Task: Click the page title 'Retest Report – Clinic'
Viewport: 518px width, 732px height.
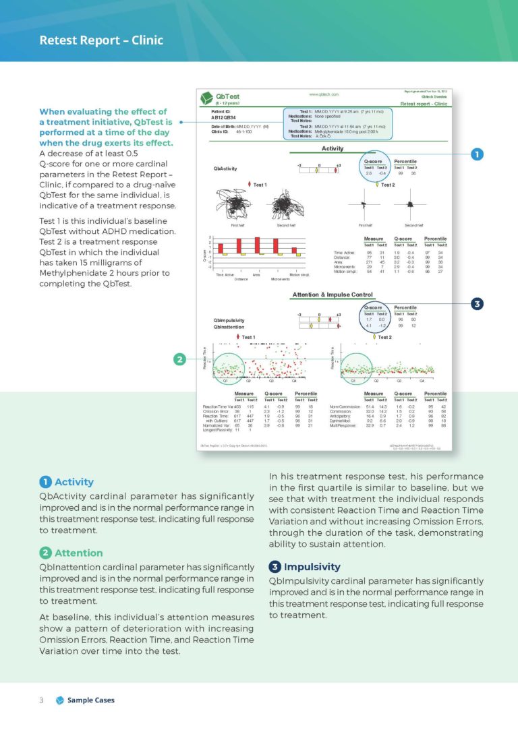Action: pyautogui.click(x=100, y=40)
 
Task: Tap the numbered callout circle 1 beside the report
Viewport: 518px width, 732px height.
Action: pyautogui.click(x=477, y=154)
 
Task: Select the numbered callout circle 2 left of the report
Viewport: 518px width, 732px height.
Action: pyautogui.click(x=179, y=360)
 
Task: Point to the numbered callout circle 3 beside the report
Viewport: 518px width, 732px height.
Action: pyautogui.click(x=477, y=304)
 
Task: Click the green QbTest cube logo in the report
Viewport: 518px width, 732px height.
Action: pyautogui.click(x=208, y=99)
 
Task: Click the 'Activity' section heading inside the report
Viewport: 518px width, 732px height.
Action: pyautogui.click(x=333, y=148)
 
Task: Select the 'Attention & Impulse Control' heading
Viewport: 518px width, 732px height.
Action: pyautogui.click(x=333, y=295)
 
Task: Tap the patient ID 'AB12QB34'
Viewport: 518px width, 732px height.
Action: pyautogui.click(x=223, y=117)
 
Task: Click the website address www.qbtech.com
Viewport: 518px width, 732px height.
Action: pyautogui.click(x=324, y=95)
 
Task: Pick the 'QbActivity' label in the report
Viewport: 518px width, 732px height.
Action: pyautogui.click(x=225, y=169)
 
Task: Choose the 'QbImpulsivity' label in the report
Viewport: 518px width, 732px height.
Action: pyautogui.click(x=228, y=320)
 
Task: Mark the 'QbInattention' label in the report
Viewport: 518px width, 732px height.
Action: pyautogui.click(x=228, y=327)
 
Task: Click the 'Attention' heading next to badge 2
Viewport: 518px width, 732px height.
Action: pyautogui.click(x=78, y=553)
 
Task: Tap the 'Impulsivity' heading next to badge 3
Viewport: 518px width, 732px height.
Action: pyautogui.click(x=312, y=567)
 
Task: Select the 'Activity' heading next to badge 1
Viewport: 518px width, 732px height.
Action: pyautogui.click(x=74, y=482)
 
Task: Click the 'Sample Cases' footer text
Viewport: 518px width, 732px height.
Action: pyautogui.click(x=90, y=700)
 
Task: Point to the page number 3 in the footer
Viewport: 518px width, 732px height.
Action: pyautogui.click(x=41, y=700)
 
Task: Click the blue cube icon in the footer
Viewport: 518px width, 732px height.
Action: pyautogui.click(x=59, y=700)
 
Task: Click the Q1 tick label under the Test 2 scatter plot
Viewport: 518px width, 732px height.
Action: pyautogui.click(x=354, y=382)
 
